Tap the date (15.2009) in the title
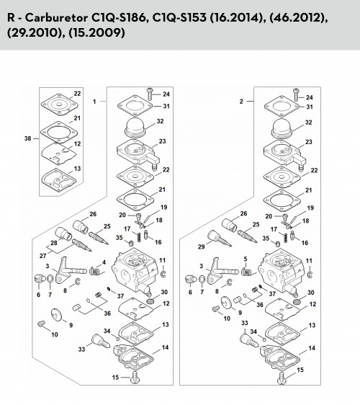point(96,33)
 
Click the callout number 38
point(27,138)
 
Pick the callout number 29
point(202,246)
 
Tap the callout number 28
point(54,243)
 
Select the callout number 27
point(42,256)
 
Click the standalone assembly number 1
point(94,102)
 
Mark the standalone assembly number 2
point(241,101)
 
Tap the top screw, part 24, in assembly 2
point(296,94)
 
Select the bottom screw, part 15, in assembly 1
point(135,378)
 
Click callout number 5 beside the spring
point(246,259)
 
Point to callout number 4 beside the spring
point(104,262)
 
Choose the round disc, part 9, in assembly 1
point(56,315)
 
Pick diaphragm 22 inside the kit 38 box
point(60,104)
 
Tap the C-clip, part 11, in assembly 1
point(163,274)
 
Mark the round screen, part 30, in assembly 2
point(297,302)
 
